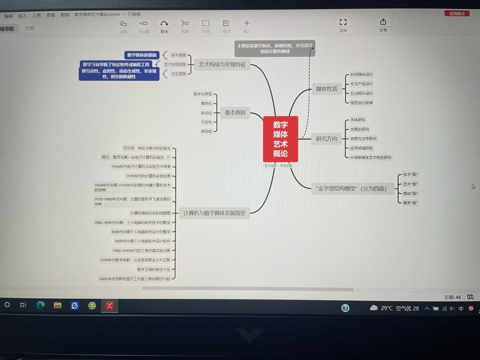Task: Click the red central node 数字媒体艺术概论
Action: [280, 139]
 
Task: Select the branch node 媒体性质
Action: [326, 89]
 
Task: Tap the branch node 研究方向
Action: [326, 139]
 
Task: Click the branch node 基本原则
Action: [235, 113]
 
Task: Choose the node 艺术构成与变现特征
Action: [222, 64]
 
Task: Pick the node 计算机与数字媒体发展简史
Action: [214, 212]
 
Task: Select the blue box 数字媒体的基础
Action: [142, 55]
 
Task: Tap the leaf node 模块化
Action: [206, 103]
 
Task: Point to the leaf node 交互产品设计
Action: [362, 84]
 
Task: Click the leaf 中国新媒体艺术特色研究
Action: [371, 157]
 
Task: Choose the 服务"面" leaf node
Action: [410, 203]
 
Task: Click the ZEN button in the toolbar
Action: [343, 25]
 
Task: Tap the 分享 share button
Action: [383, 25]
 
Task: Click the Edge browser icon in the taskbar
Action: [41, 305]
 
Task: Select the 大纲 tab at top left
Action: [29, 28]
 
